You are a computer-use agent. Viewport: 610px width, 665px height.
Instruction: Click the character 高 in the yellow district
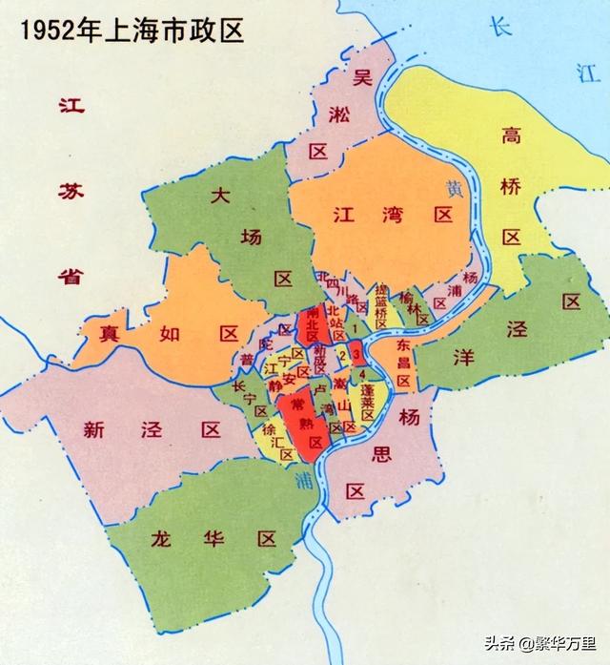pos(512,136)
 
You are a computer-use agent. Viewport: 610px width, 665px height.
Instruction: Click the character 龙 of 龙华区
pos(161,539)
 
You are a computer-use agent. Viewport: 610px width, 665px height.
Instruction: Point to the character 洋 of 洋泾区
pos(464,358)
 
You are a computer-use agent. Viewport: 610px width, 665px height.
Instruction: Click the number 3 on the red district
pos(356,355)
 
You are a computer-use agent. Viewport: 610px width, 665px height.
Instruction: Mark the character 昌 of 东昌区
pos(404,363)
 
